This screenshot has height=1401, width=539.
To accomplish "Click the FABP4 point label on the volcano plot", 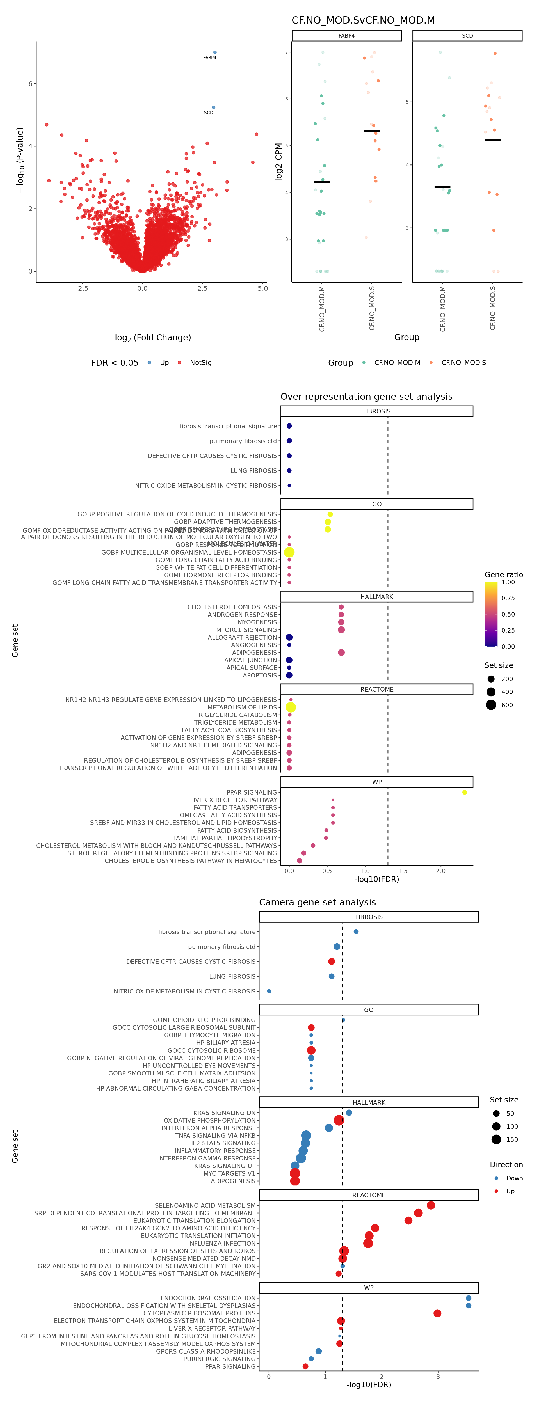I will pyautogui.click(x=209, y=58).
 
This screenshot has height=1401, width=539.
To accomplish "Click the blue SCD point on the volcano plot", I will pyautogui.click(x=214, y=107).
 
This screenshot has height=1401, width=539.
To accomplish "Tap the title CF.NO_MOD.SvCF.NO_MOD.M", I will pyautogui.click(x=363, y=20).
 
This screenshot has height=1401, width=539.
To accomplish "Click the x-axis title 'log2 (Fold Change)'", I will pyautogui.click(x=153, y=338).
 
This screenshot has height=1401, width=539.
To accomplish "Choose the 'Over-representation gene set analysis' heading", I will pyautogui.click(x=366, y=397).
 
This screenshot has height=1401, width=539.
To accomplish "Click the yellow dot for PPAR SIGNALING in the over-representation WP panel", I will pyautogui.click(x=465, y=793).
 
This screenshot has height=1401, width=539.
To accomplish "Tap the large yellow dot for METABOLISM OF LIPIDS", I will pyautogui.click(x=291, y=707).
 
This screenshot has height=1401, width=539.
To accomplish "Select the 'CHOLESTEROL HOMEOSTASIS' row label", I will pyautogui.click(x=232, y=607).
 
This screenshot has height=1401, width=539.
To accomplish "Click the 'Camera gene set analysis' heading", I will pyautogui.click(x=317, y=902).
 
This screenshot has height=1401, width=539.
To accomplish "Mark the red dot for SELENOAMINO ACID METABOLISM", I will pyautogui.click(x=431, y=1205).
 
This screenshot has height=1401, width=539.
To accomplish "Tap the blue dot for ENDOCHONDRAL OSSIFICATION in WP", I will pyautogui.click(x=468, y=1298).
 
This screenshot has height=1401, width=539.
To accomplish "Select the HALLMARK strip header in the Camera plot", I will pyautogui.click(x=369, y=1102).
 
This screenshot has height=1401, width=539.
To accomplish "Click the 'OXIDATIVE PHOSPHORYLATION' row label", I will pyautogui.click(x=209, y=1120).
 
